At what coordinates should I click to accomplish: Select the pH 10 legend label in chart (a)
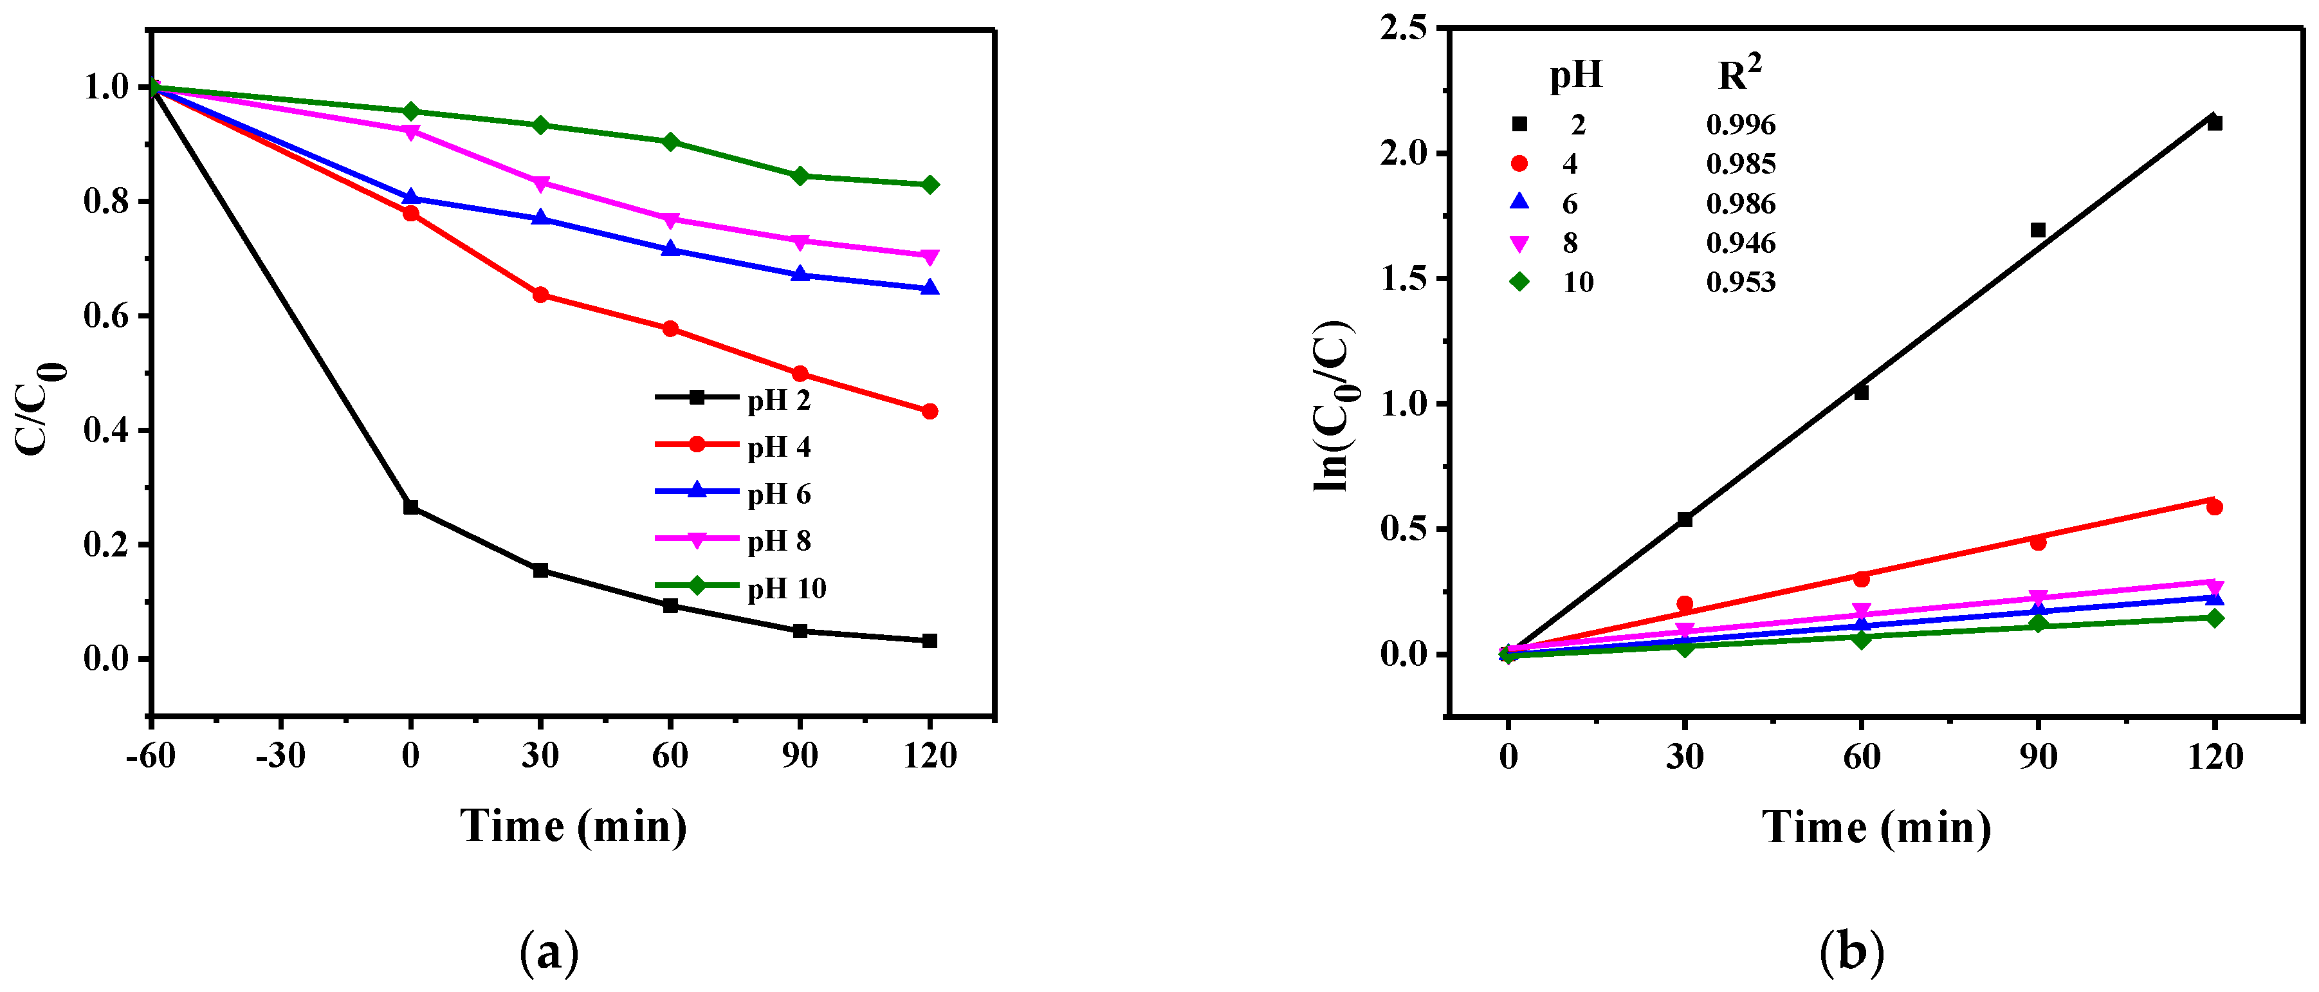pyautogui.click(x=786, y=589)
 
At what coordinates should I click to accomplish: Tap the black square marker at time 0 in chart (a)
pyautogui.click(x=410, y=508)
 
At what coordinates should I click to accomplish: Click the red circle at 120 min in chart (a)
pyautogui.click(x=930, y=411)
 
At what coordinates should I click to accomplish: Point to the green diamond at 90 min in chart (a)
pyautogui.click(x=800, y=176)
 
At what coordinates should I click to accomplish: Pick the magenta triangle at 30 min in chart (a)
pyautogui.click(x=540, y=183)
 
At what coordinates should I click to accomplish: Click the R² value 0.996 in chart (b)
pyautogui.click(x=1740, y=124)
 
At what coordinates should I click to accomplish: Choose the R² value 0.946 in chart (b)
pyautogui.click(x=1740, y=243)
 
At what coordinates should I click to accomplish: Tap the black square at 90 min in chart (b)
pyautogui.click(x=2038, y=230)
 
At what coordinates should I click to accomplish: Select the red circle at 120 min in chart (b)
pyautogui.click(x=2215, y=508)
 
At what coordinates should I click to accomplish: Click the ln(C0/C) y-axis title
pyautogui.click(x=1335, y=405)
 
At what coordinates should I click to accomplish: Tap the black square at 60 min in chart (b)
pyautogui.click(x=1862, y=392)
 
